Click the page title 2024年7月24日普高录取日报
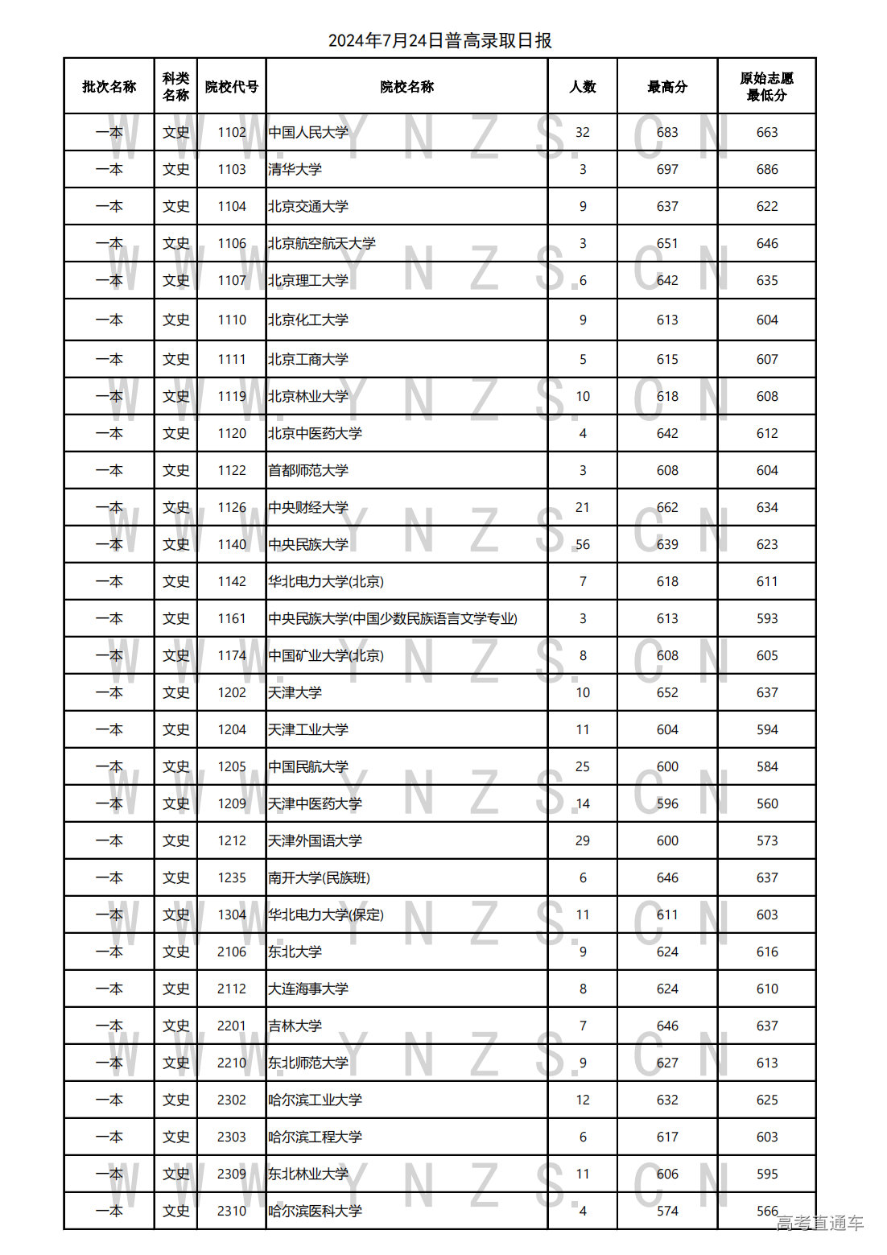click(439, 41)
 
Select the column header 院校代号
click(231, 87)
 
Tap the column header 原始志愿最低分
click(766, 87)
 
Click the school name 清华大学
click(295, 170)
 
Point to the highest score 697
click(667, 170)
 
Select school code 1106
click(232, 244)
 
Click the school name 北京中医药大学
click(316, 434)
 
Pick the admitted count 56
click(583, 545)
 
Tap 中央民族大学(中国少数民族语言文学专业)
click(393, 619)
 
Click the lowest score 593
click(767, 619)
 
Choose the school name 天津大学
click(295, 693)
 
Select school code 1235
click(232, 878)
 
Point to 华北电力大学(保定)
click(326, 915)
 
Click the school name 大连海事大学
click(308, 989)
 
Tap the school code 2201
click(232, 1026)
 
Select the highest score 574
click(667, 1212)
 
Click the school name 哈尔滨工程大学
click(316, 1137)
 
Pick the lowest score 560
click(767, 804)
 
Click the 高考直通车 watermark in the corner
click(819, 1224)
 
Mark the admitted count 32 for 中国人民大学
click(583, 133)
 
